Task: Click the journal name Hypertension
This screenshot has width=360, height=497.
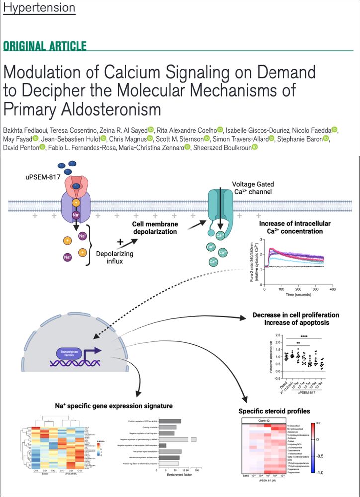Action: pos(39,8)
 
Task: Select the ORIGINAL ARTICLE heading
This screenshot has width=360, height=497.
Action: pos(45,46)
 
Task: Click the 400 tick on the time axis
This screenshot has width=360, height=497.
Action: pos(332,289)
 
